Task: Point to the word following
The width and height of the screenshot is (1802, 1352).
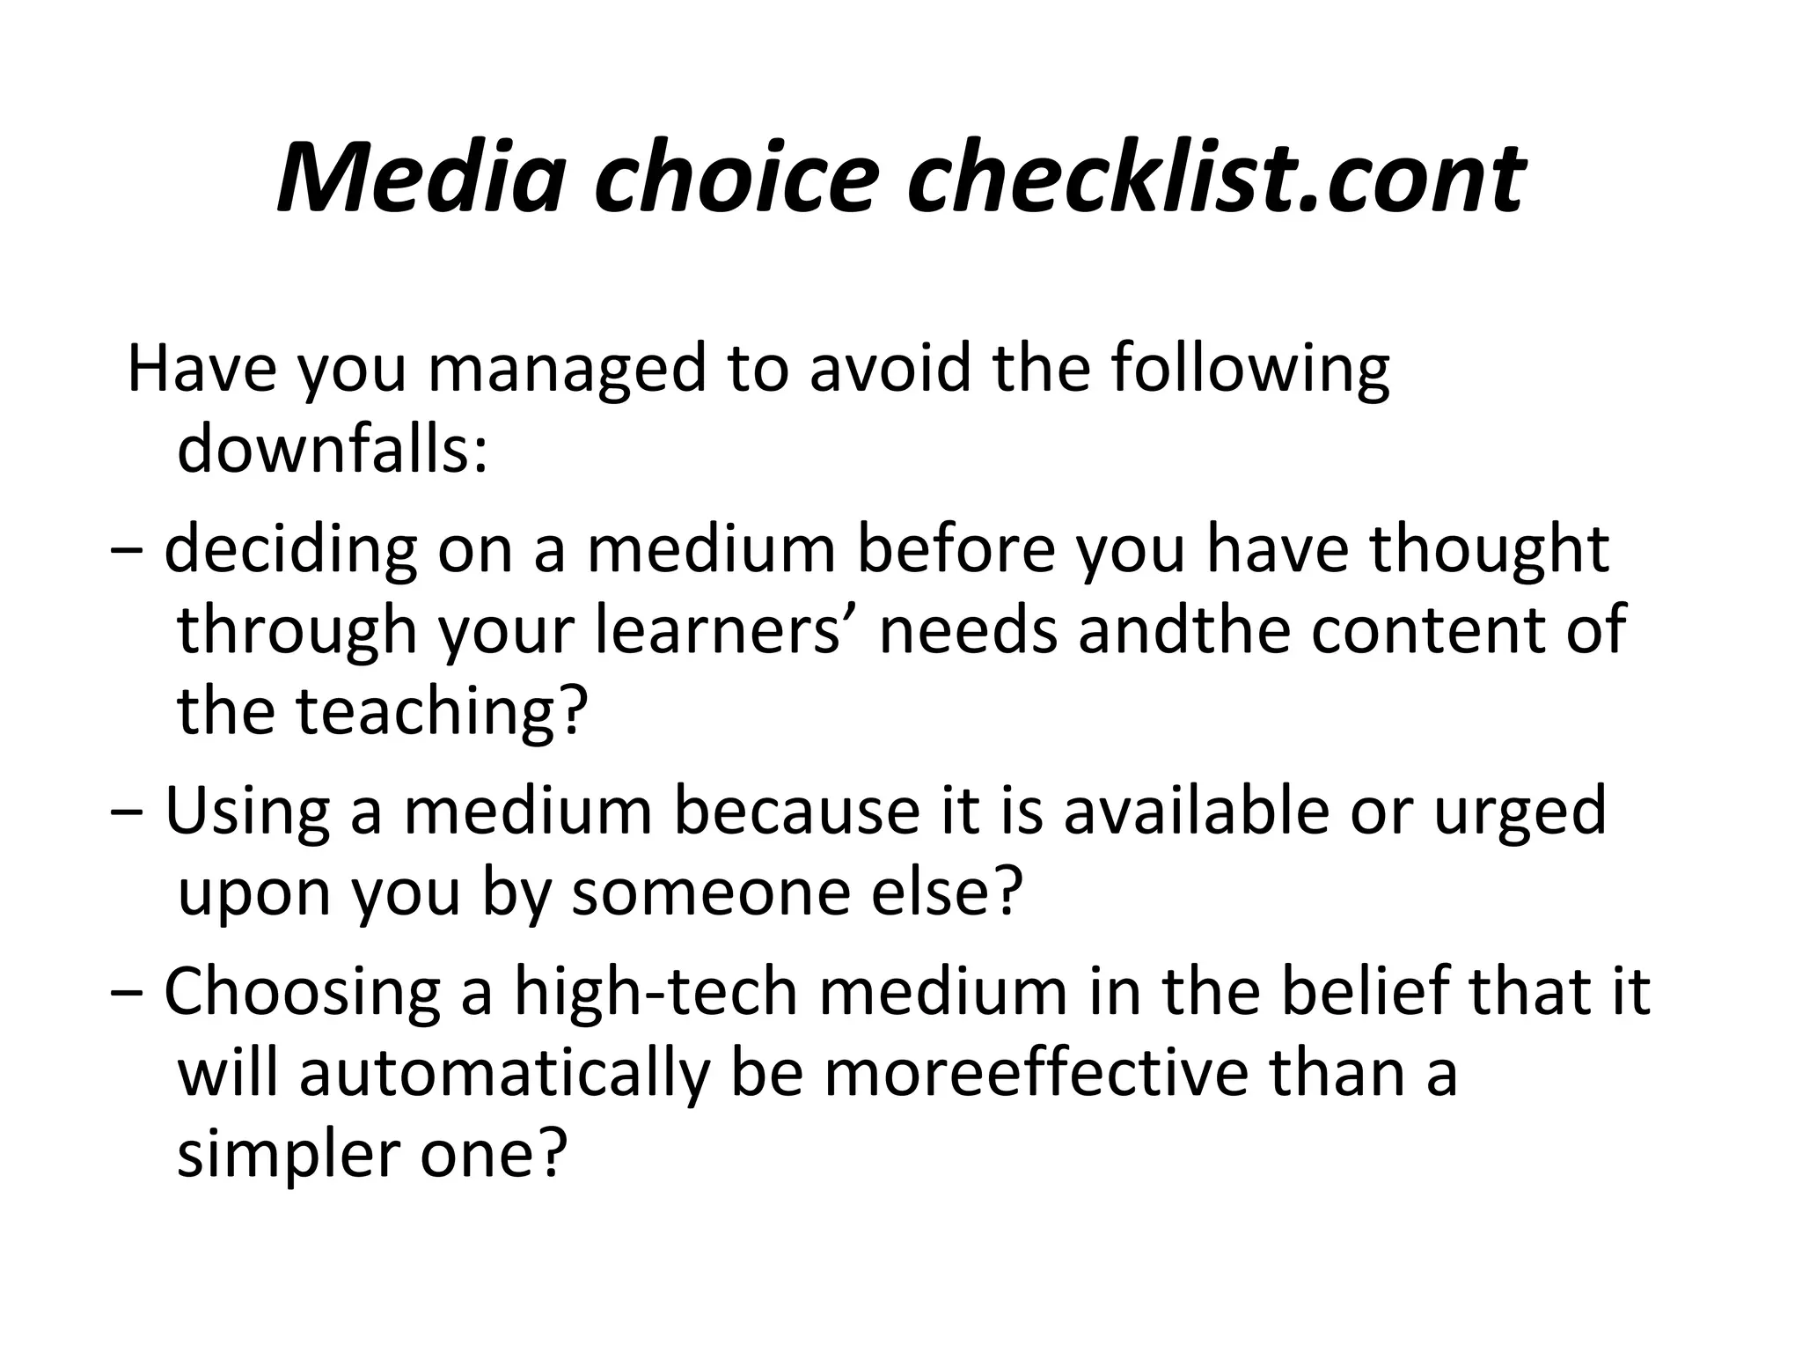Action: tap(1249, 370)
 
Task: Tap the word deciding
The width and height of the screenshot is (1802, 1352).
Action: tap(290, 550)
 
